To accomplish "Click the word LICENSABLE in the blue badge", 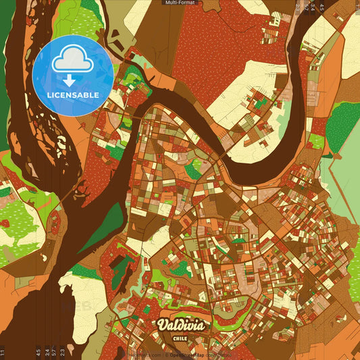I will (73, 95).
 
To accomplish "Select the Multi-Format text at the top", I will (180, 3).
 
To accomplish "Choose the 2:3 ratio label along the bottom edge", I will (62, 351).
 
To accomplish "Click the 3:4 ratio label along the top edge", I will (313, 8).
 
